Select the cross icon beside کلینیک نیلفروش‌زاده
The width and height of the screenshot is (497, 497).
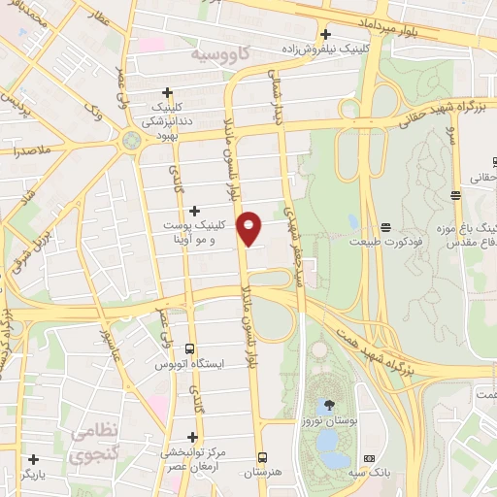[326, 33]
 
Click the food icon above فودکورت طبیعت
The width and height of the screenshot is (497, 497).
[386, 225]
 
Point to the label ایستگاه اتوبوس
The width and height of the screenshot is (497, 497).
[189, 364]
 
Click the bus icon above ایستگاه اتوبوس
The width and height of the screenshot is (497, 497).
[189, 348]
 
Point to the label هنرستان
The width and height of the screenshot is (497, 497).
[262, 472]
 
